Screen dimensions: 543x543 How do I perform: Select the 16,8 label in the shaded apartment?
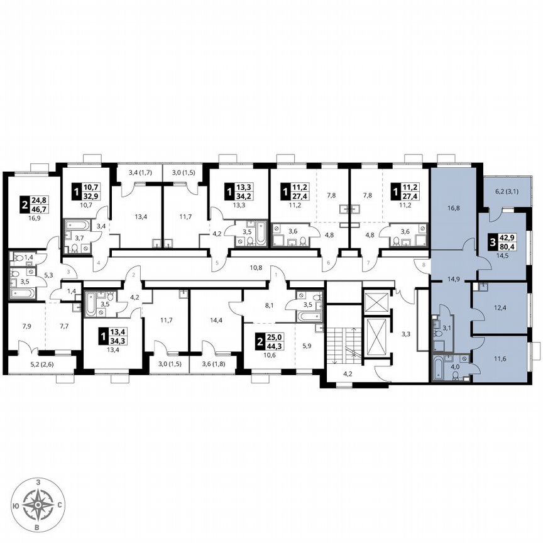pyautogui.click(x=453, y=203)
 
